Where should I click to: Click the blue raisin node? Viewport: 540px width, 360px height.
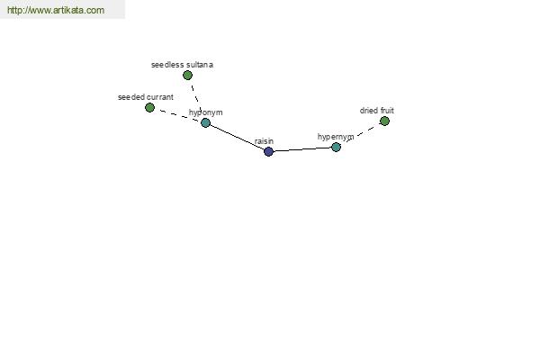point(268,151)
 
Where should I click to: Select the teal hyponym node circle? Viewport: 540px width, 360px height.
point(205,122)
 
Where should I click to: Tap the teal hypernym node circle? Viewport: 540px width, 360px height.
point(336,147)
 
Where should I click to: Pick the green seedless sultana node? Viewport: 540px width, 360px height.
point(188,75)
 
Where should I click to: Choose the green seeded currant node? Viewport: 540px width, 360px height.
point(149,108)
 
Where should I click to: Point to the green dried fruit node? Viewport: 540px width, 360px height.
point(384,121)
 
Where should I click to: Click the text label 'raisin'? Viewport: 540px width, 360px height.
point(264,141)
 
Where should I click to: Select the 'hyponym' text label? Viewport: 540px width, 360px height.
point(205,112)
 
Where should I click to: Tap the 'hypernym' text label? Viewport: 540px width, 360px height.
point(336,137)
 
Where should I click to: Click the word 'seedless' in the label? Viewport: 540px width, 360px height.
point(167,65)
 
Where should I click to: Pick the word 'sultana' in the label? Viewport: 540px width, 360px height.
point(200,65)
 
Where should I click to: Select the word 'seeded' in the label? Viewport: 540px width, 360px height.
point(131,97)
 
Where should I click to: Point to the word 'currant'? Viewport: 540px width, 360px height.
point(160,97)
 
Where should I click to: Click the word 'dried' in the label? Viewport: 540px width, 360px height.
point(369,111)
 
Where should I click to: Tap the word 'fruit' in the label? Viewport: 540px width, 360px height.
point(387,111)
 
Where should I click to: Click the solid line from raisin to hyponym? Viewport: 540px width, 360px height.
point(237,137)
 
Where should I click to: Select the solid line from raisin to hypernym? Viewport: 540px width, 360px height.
point(302,149)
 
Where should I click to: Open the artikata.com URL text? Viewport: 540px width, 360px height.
point(56,10)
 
